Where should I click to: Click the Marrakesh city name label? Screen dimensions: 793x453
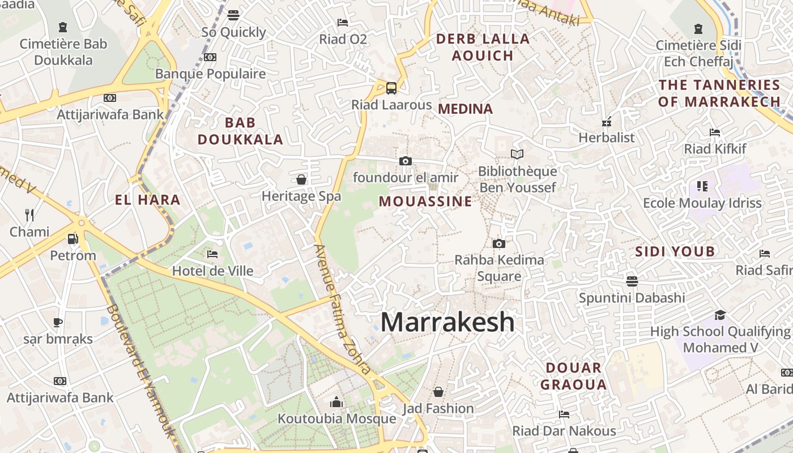(x=447, y=322)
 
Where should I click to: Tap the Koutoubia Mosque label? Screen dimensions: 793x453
(x=336, y=419)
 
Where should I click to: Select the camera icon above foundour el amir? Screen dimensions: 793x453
(x=405, y=161)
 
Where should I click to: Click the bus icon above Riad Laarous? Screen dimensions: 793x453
(x=391, y=88)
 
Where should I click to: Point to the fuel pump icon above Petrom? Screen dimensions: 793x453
(x=73, y=239)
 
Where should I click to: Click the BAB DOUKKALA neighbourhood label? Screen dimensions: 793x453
(x=240, y=131)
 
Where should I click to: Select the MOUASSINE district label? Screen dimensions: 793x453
(x=425, y=201)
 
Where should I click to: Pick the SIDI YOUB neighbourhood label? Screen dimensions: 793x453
(x=675, y=251)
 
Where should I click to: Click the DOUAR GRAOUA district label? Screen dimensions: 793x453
(x=573, y=376)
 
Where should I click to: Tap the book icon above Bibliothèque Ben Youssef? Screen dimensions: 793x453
(x=517, y=154)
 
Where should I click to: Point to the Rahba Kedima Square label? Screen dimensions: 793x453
(x=499, y=268)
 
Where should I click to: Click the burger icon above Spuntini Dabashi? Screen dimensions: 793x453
(x=632, y=281)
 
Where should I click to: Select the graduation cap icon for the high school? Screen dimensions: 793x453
(x=720, y=315)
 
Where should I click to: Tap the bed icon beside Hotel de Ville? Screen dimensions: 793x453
(x=212, y=254)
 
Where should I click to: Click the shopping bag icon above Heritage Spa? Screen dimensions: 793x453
(x=301, y=180)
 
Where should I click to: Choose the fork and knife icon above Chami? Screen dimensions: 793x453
(x=29, y=215)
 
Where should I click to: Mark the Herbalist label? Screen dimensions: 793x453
(x=607, y=138)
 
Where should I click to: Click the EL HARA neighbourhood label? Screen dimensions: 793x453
(x=147, y=199)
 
